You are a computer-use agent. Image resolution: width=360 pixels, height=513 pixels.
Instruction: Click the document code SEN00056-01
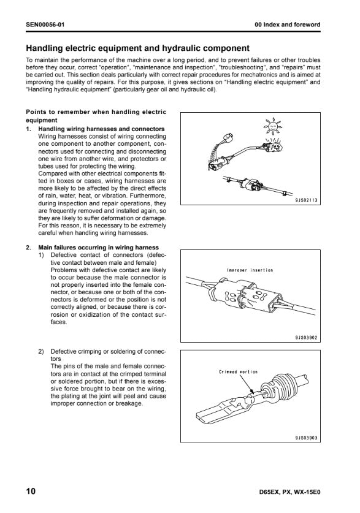click(x=45, y=25)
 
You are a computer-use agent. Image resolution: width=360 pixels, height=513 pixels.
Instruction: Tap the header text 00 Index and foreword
click(x=288, y=25)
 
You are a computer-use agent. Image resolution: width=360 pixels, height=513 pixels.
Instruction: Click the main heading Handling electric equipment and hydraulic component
click(x=137, y=48)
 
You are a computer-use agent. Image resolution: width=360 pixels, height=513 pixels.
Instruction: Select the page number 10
click(x=31, y=491)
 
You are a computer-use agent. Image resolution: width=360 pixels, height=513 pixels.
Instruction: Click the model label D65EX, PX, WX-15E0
click(x=289, y=492)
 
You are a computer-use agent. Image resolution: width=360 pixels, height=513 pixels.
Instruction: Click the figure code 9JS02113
click(x=306, y=200)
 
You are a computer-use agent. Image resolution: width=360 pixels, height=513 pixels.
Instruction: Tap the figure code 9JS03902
click(x=306, y=338)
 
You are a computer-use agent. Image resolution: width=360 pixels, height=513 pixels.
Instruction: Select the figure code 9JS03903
click(x=306, y=438)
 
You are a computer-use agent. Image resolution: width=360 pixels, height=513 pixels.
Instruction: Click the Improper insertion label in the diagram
click(x=250, y=270)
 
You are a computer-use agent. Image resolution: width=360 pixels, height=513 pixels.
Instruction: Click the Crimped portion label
click(x=238, y=372)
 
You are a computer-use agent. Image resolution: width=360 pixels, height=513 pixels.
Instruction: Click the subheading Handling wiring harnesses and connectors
click(x=101, y=129)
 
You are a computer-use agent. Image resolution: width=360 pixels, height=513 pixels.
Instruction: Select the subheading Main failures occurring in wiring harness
click(x=99, y=248)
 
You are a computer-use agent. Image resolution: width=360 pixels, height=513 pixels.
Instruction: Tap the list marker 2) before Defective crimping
click(x=41, y=352)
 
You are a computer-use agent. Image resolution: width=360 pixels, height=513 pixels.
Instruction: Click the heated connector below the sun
click(x=273, y=145)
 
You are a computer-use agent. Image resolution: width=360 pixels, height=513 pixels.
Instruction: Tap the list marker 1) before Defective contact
click(x=41, y=255)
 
